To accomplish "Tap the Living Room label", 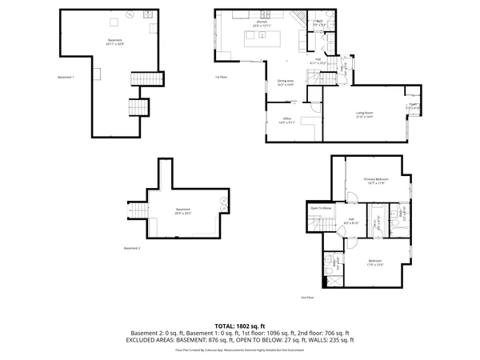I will tap(366, 114).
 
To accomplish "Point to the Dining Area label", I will tap(286, 81).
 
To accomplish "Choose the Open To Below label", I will tap(321, 208).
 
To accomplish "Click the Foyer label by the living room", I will tap(414, 104).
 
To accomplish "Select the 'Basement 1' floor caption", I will tap(66, 77).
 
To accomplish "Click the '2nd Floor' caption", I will tap(306, 297).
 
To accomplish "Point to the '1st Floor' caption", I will tap(221, 77).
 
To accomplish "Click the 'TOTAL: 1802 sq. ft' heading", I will tap(239, 326).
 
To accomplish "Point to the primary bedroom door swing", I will tap(352, 201).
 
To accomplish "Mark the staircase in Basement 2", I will tap(139, 210).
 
